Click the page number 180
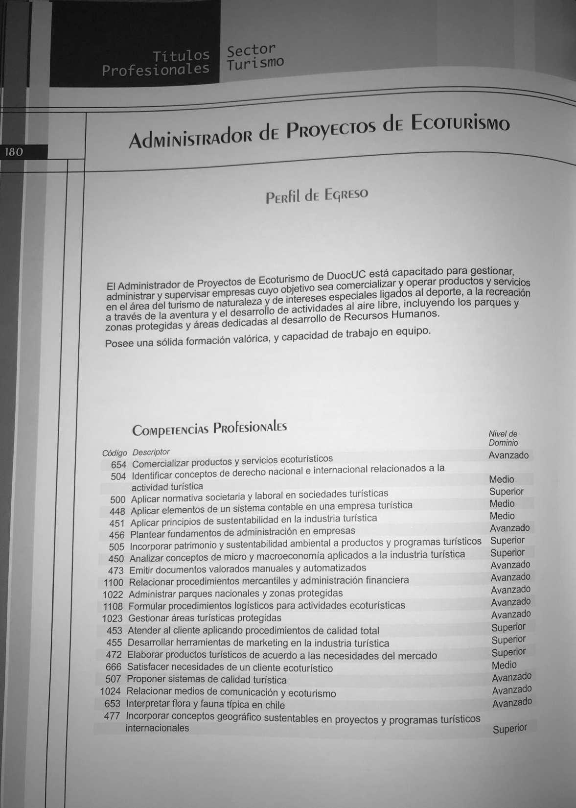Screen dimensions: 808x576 point(14,152)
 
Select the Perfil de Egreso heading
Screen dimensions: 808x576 point(316,195)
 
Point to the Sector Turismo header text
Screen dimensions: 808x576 point(255,56)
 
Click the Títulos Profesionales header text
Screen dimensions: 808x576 point(156,62)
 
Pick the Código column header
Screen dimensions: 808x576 point(115,453)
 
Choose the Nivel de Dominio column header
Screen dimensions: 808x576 point(503,438)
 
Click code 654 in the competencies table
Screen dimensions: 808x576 point(118,464)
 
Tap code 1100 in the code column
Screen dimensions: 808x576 point(114,583)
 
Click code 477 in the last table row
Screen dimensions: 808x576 point(112,716)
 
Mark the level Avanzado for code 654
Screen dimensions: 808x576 point(508,455)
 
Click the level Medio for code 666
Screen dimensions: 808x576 point(504,665)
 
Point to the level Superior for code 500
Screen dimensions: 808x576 point(507,491)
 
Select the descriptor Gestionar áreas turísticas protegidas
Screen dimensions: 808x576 point(205,618)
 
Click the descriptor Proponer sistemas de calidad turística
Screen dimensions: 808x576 point(207,680)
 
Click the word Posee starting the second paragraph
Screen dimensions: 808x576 point(119,343)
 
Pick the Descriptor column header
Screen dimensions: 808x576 point(151,452)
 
